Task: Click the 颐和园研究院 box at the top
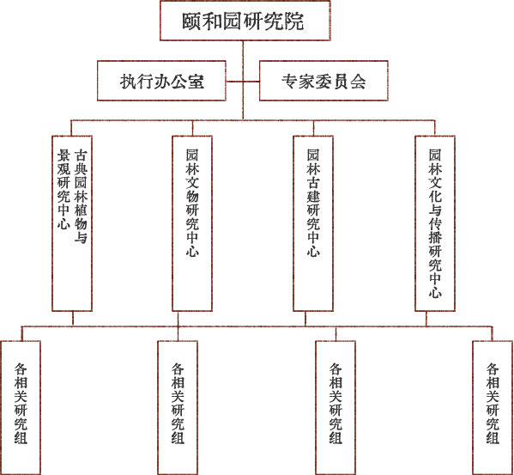[x=245, y=21]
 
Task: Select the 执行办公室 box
[x=161, y=81]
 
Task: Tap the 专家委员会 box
[x=324, y=81]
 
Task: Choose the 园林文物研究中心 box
[x=192, y=223]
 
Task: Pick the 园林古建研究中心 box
[x=313, y=223]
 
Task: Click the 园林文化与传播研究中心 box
[x=435, y=223]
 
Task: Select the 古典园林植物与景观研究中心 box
[x=72, y=223]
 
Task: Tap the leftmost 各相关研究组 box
[x=21, y=408]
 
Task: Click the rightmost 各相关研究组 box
[x=493, y=408]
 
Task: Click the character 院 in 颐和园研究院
[x=294, y=21]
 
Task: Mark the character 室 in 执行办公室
[x=196, y=82]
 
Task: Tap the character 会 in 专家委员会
[x=358, y=82]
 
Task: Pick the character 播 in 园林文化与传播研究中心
[x=435, y=237]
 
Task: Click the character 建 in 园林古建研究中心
[x=313, y=196]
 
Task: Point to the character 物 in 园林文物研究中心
[x=192, y=196]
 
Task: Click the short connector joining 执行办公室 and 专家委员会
[x=243, y=81]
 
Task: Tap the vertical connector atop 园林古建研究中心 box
[x=313, y=128]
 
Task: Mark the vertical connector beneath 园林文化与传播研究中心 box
[x=426, y=319]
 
